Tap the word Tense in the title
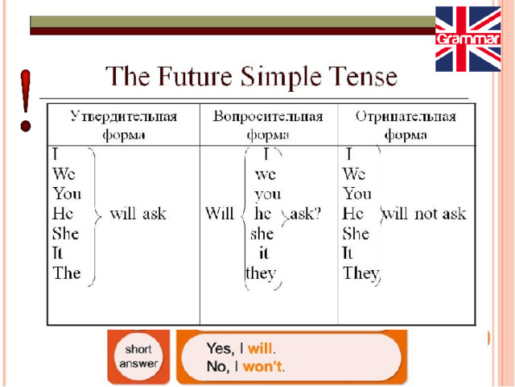click(x=364, y=77)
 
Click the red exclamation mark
click(x=25, y=100)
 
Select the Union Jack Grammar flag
click(x=468, y=39)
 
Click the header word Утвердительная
click(x=124, y=116)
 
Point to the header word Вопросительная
click(x=268, y=116)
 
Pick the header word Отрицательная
click(x=406, y=116)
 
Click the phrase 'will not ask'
click(x=424, y=214)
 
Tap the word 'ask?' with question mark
click(x=305, y=214)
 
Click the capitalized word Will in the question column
click(x=220, y=213)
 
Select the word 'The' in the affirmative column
click(x=67, y=273)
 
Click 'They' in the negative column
click(x=361, y=273)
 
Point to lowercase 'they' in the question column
click(x=261, y=273)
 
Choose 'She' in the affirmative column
click(x=66, y=233)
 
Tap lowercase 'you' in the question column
click(x=268, y=195)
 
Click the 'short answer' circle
click(x=138, y=356)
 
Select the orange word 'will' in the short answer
click(x=260, y=348)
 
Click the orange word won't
click(x=262, y=366)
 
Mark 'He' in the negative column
click(x=352, y=214)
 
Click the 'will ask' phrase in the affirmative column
click(x=138, y=214)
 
